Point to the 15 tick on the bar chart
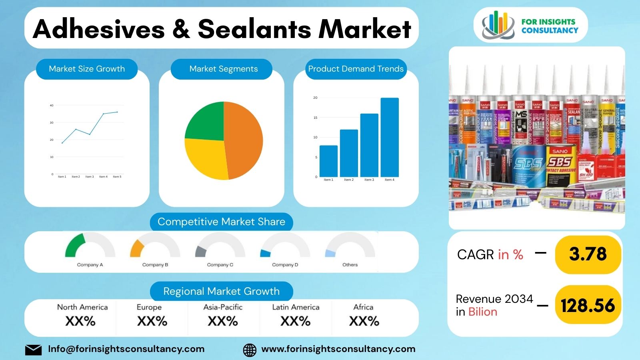coord(315,118)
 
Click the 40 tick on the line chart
coord(52,106)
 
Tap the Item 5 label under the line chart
coord(117,176)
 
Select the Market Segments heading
coord(223,69)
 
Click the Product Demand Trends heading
coord(356,69)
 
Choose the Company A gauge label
coord(90,265)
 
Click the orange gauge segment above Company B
coord(136,248)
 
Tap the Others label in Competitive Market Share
coord(350,265)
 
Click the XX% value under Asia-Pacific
coord(223,321)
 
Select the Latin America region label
coord(296,307)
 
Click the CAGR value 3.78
coord(588,254)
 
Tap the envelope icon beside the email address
coord(33,350)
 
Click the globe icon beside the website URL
coord(250,350)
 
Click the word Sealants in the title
coord(254,29)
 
